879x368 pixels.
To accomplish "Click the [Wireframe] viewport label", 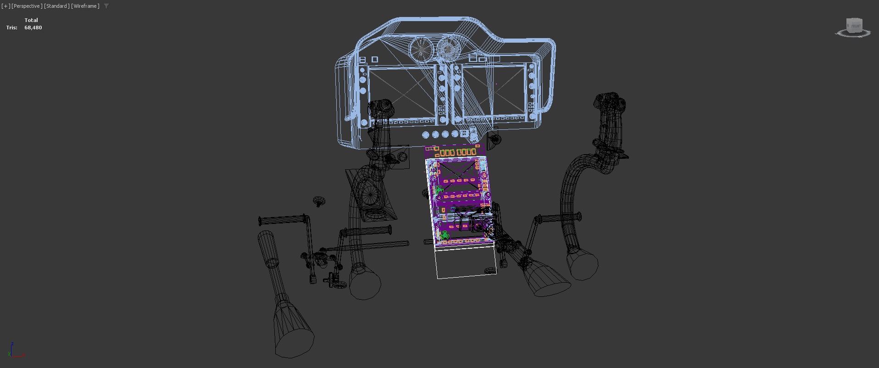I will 85,6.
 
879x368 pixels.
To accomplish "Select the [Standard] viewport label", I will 57,6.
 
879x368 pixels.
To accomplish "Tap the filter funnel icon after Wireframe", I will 106,6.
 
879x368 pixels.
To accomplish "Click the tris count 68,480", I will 33,28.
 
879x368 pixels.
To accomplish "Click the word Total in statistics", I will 31,20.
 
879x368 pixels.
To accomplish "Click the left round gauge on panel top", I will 421,50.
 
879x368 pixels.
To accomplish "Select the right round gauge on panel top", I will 448,49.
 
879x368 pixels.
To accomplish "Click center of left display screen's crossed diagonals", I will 402,91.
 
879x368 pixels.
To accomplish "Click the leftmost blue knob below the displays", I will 425,135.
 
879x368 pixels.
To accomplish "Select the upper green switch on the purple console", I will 439,190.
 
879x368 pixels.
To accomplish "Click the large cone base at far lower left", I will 294,338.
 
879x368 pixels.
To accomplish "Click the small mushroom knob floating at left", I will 318,201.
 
